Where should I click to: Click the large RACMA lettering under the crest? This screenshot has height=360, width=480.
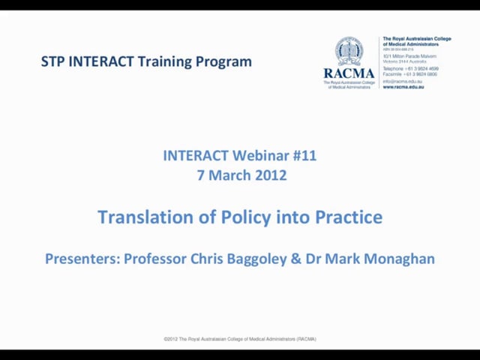pos(349,73)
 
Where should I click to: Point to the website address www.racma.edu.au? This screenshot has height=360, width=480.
pos(403,86)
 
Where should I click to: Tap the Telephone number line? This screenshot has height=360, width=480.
pos(410,69)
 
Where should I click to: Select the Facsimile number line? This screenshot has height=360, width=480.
pos(410,74)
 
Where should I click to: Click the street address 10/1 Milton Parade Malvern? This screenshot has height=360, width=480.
pos(409,56)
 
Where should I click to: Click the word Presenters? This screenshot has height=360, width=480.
pos(82,259)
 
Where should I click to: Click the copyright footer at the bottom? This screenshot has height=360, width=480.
pos(240,339)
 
